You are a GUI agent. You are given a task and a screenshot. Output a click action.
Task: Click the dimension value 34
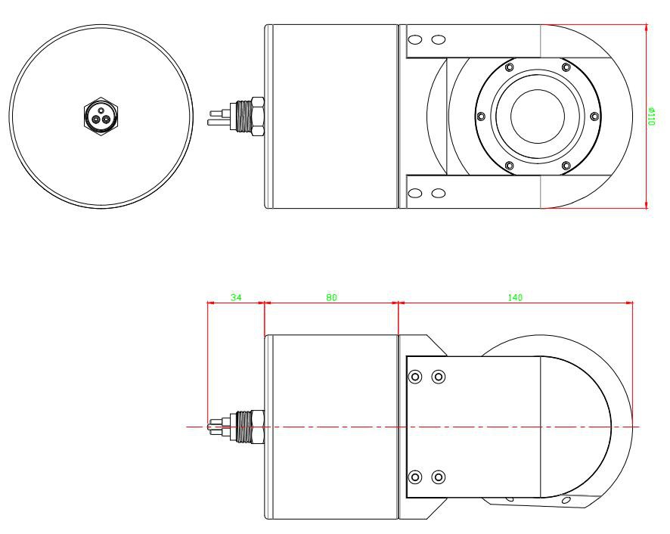pyautogui.click(x=235, y=297)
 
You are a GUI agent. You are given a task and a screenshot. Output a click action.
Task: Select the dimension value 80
pyautogui.click(x=331, y=297)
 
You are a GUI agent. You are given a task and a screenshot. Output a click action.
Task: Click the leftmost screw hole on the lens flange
pyautogui.click(x=480, y=116)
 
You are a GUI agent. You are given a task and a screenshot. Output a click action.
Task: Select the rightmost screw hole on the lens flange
pyautogui.click(x=594, y=116)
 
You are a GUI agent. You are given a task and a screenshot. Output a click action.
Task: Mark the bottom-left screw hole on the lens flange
pyautogui.click(x=508, y=165)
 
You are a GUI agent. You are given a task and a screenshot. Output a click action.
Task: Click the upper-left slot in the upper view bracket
pyautogui.click(x=414, y=39)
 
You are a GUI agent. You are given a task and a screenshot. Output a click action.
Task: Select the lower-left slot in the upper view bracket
pyautogui.click(x=414, y=192)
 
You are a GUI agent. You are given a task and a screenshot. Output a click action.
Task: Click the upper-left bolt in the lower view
pyautogui.click(x=414, y=377)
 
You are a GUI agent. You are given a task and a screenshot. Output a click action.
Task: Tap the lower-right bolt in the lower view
pyautogui.click(x=438, y=477)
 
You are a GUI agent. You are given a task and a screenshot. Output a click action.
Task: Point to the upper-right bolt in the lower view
pyautogui.click(x=438, y=377)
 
